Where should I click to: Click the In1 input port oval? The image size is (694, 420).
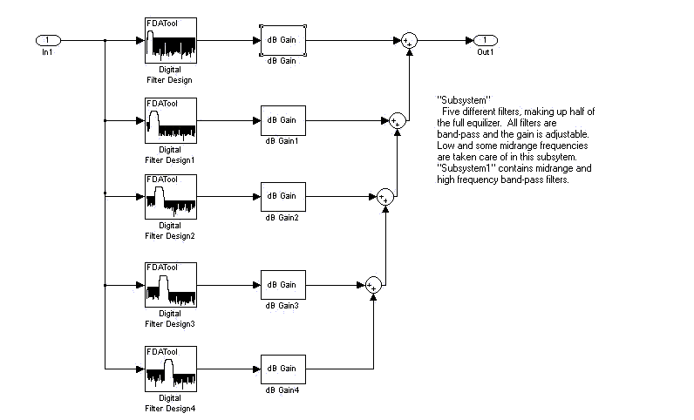pos(47,40)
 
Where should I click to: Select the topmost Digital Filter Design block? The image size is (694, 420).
pos(170,40)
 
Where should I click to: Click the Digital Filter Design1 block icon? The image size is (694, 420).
pos(170,119)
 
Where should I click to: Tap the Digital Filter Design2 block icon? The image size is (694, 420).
pos(170,196)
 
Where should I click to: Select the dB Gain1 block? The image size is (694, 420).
pos(282,119)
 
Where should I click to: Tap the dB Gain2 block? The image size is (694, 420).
pos(282,196)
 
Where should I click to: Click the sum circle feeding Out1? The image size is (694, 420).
pos(408,41)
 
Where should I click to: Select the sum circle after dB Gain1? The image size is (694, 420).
pos(397,120)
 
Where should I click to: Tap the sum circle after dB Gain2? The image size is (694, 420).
pos(384,197)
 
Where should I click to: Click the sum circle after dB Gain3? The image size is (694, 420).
pos(372,284)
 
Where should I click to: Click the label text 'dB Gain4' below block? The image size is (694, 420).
pos(282,390)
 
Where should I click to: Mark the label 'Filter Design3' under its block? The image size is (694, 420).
pos(170,323)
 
